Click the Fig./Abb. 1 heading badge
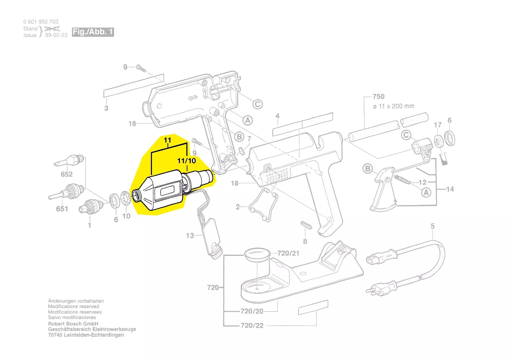[x=93, y=32]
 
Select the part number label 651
[x=62, y=209]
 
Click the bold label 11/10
[x=186, y=160]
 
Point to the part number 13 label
[x=190, y=236]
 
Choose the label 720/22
[x=252, y=326]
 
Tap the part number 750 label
[x=378, y=96]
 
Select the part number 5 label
[x=432, y=226]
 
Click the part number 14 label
[x=450, y=189]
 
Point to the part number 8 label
[x=305, y=241]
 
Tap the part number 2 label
[x=238, y=207]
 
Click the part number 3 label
[x=106, y=108]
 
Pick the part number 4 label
[x=277, y=116]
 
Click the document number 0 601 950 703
[x=41, y=22]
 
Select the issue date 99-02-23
[x=56, y=35]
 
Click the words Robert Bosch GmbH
[x=73, y=324]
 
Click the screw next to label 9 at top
[x=140, y=68]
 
